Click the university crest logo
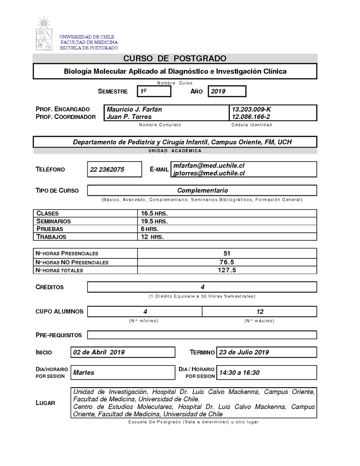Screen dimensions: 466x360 [x=44, y=33]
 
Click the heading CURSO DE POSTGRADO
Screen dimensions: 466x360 [x=175, y=59]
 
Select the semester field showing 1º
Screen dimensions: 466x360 [x=154, y=91]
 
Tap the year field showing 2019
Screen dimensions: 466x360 [x=226, y=91]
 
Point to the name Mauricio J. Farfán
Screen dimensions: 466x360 [x=135, y=109]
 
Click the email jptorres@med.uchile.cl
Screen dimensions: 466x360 [x=209, y=173]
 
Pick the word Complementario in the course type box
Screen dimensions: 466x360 [x=202, y=190]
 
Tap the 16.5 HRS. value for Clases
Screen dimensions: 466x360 [x=154, y=213]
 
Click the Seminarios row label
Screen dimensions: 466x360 [x=54, y=221]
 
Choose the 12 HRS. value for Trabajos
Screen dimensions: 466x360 [x=153, y=236]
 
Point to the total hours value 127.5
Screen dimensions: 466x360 [x=227, y=270]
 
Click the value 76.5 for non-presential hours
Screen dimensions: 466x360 [x=227, y=262]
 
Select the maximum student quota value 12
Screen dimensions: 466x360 [x=260, y=312]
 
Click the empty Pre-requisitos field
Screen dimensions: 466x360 [x=202, y=335]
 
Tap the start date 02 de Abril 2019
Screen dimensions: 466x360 [x=99, y=352]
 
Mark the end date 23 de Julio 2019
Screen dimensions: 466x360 [x=243, y=352]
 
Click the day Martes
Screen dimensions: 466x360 [x=84, y=372]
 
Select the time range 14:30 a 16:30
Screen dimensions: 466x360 [x=239, y=372]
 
